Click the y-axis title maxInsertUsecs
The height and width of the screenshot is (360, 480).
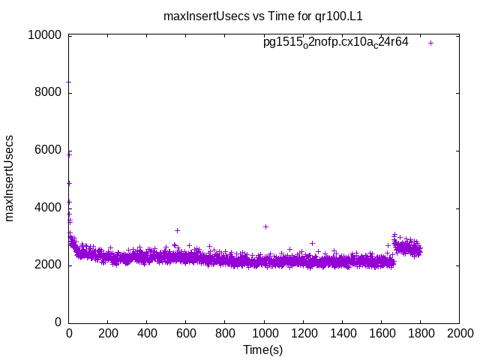click(x=10, y=178)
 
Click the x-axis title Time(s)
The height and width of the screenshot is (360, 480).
click(x=262, y=349)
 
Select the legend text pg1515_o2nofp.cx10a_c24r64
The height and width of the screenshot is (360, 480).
click(x=335, y=42)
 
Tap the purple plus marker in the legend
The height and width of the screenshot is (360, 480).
click(x=430, y=43)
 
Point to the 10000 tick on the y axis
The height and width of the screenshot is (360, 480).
click(x=45, y=35)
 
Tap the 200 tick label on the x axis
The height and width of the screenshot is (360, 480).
click(x=108, y=334)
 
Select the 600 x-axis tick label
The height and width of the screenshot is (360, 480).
click(x=186, y=334)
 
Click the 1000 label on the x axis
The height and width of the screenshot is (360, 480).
click(x=264, y=334)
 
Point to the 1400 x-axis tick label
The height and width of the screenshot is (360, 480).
click(x=342, y=334)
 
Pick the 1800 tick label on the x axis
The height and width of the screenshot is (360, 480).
click(x=420, y=334)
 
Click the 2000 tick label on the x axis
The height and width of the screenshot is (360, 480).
click(x=459, y=334)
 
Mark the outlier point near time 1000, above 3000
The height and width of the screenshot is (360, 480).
click(x=265, y=226)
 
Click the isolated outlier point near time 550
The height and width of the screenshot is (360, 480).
click(x=177, y=230)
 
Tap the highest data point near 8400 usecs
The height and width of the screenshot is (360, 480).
click(x=69, y=81)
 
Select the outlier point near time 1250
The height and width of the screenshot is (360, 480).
click(x=312, y=243)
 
